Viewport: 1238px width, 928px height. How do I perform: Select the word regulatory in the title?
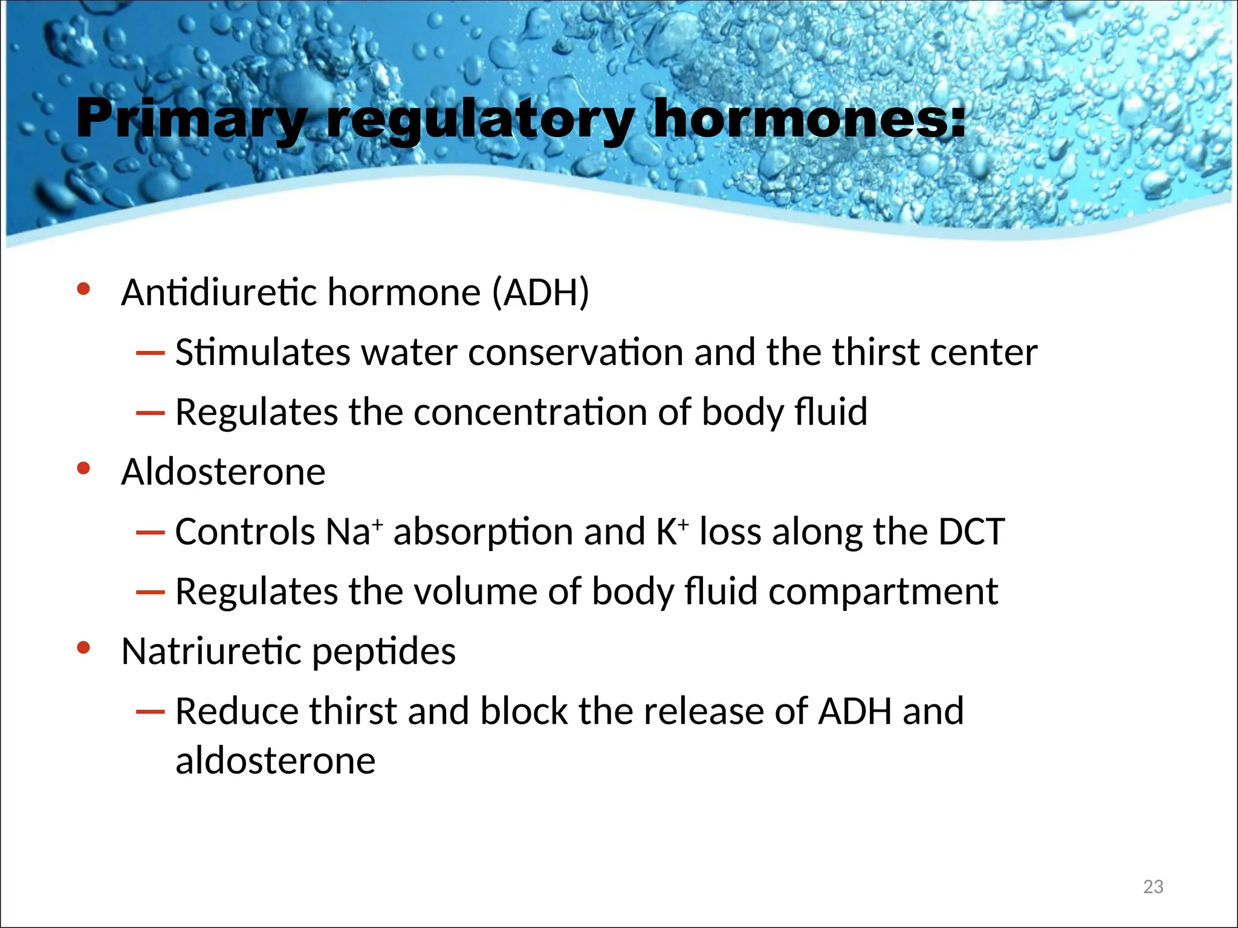click(481, 120)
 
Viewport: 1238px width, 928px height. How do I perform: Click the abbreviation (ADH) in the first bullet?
click(540, 293)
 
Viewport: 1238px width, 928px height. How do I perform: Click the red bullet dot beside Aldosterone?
click(83, 468)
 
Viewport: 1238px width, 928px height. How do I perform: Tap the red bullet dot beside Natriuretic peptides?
click(83, 648)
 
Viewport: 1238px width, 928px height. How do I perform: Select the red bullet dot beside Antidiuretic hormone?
click(83, 289)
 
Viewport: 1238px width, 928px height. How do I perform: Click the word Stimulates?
click(262, 352)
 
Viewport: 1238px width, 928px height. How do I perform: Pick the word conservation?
click(575, 352)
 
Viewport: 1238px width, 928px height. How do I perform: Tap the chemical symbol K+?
click(672, 532)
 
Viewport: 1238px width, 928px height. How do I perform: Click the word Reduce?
click(236, 711)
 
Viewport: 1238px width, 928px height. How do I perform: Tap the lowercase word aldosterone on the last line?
click(275, 761)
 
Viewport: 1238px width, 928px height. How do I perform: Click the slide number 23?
click(1153, 886)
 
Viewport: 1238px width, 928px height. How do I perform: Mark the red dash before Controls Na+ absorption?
click(151, 532)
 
